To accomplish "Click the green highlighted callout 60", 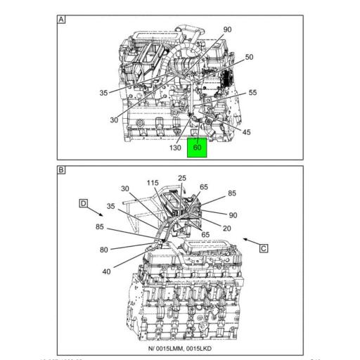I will pos(197,148).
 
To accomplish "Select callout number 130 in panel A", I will pos(176,148).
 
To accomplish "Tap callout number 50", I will pos(249,57).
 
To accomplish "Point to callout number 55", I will pos(252,92).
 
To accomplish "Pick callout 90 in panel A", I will pos(227,30).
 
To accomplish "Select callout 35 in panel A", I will pos(104,92).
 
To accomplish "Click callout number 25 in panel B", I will pos(181,179).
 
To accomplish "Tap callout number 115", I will pos(153,183).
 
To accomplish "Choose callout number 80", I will pos(103,249).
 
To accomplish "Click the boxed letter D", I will pos(82,203).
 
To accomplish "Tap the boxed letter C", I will pos(263,247).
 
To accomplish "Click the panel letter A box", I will pos(61,20).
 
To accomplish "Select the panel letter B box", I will pos(61,170).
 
